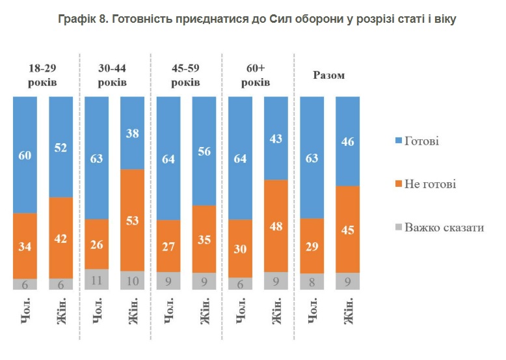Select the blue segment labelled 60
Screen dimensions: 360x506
click(25, 154)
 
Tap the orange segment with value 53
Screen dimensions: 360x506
click(133, 219)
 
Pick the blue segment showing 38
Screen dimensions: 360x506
click(133, 132)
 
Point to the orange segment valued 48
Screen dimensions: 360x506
click(276, 225)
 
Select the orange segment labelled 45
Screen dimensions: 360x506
click(347, 228)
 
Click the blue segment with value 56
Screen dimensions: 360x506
click(204, 150)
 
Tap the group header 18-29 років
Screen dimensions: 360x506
click(42, 75)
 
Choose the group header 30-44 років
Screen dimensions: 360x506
click(113, 75)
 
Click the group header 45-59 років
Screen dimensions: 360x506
click(185, 75)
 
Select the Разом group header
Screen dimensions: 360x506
click(329, 76)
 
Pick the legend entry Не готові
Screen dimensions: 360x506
click(430, 184)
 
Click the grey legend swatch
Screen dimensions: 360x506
click(398, 227)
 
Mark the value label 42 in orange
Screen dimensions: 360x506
click(60, 238)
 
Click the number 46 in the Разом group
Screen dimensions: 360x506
click(347, 141)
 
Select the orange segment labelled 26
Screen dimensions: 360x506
click(96, 244)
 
